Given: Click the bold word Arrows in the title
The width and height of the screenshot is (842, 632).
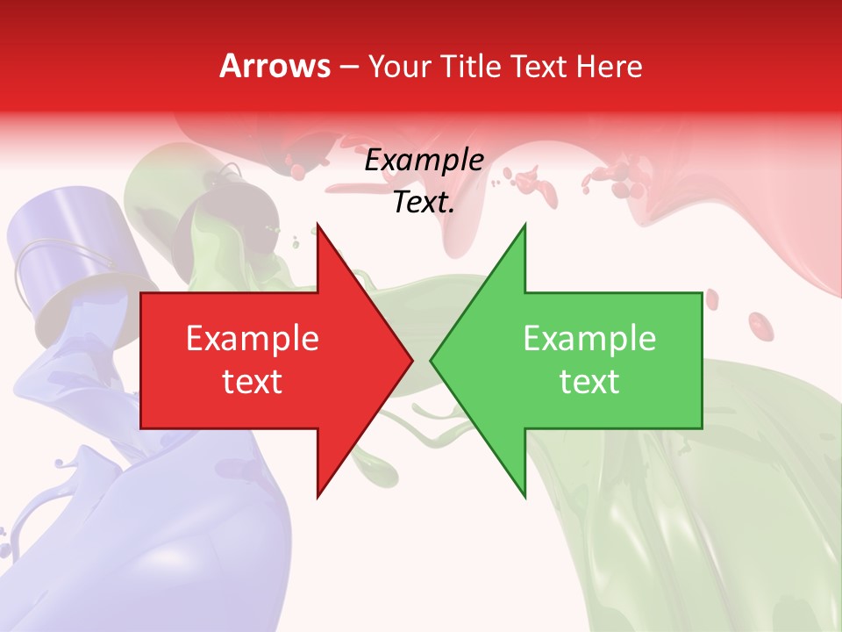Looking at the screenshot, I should click(x=275, y=67).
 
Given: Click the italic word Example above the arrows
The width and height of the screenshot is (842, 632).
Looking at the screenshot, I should click(x=424, y=161).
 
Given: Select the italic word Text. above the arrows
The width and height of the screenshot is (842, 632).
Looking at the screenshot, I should click(x=424, y=202).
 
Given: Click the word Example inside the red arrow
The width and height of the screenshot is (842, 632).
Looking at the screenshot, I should click(x=253, y=339).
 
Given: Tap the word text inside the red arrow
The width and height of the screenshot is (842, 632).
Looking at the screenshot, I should click(x=253, y=381).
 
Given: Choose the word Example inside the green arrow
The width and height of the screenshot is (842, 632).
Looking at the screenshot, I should click(x=589, y=339).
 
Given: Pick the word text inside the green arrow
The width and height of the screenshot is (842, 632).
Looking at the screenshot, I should click(x=589, y=381).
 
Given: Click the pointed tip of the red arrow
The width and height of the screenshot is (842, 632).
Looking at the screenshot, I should click(x=411, y=360).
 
